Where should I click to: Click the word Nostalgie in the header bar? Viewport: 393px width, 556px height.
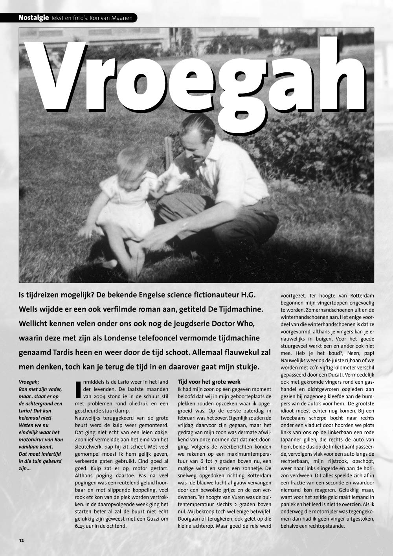click(33, 18)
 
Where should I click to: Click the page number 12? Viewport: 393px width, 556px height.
click(21, 540)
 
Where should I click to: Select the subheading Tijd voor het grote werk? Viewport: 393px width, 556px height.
click(209, 382)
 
